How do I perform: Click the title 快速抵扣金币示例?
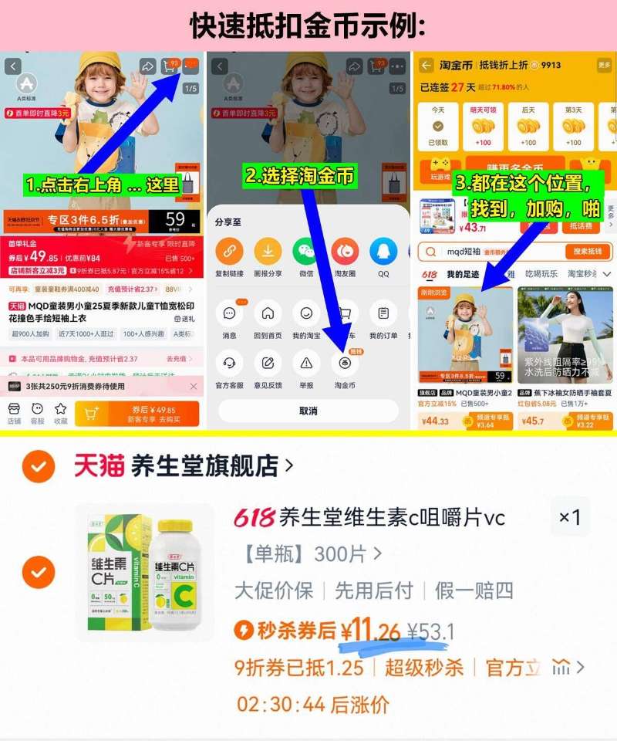pyautogui.click(x=308, y=26)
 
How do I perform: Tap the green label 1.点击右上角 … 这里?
pyautogui.click(x=102, y=185)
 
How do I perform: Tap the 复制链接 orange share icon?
pyautogui.click(x=228, y=252)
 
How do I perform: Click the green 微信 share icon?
pyautogui.click(x=306, y=252)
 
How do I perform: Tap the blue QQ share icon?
pyautogui.click(x=383, y=252)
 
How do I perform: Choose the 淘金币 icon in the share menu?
pyautogui.click(x=345, y=363)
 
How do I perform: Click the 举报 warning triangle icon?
pyautogui.click(x=306, y=363)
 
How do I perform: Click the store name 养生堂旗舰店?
pyautogui.click(x=205, y=465)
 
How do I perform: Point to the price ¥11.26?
pyautogui.click(x=374, y=631)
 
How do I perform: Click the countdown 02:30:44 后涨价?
pyautogui.click(x=312, y=704)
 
